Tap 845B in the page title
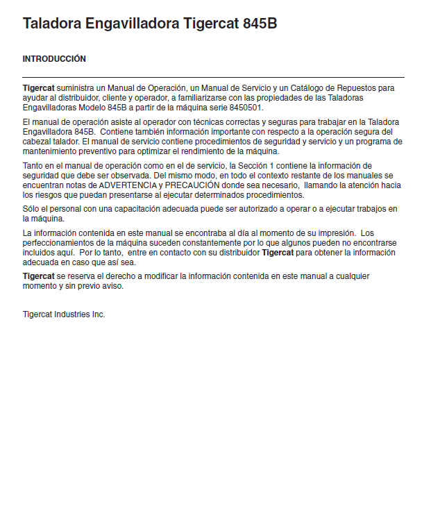[x=260, y=24]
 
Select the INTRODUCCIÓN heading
[x=54, y=59]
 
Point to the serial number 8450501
[x=244, y=108]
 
